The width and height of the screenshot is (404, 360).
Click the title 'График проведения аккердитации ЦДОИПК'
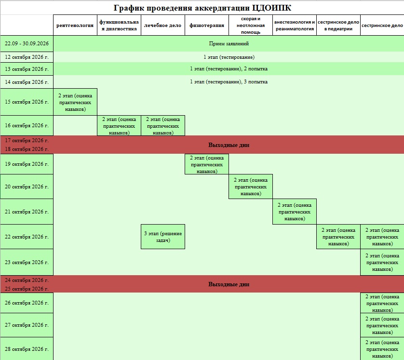202,8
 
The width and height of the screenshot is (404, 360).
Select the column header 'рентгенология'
75,25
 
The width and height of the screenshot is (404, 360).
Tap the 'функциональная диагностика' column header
119,25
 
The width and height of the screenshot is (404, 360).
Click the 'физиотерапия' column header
207,25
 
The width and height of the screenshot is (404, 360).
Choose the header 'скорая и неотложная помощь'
251,25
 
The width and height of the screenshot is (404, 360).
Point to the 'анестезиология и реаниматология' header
295,25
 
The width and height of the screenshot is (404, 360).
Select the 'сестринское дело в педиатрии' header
338,25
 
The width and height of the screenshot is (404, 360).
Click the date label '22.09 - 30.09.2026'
27,43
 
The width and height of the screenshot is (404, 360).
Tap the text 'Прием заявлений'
229,43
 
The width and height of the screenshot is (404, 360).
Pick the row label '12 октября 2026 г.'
27,57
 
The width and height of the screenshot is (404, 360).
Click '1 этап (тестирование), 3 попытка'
229,81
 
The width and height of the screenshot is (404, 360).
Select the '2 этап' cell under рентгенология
75,102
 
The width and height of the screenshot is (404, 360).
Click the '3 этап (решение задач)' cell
163,237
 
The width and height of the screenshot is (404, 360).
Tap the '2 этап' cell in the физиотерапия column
207,164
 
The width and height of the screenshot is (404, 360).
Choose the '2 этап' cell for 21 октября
295,212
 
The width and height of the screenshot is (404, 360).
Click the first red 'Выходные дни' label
229,145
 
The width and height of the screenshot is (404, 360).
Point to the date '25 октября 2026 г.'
27,289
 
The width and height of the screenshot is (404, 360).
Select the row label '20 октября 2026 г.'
27,187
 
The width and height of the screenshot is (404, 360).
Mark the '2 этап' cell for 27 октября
382,325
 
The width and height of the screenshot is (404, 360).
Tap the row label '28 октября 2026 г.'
27,349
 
